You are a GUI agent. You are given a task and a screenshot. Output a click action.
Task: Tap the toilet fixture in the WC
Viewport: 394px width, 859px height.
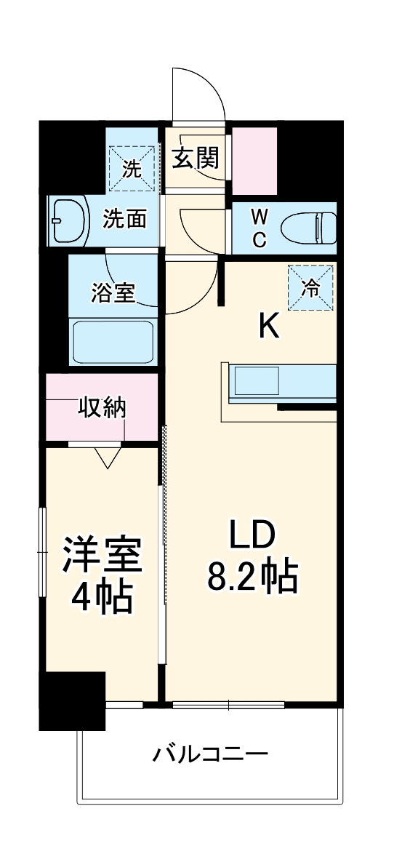(309, 226)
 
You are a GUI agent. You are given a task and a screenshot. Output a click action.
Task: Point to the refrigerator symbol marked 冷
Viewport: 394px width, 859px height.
(310, 287)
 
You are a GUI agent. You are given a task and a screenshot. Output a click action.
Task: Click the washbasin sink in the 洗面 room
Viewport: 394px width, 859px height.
(67, 220)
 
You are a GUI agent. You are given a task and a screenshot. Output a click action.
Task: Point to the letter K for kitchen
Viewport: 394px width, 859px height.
(269, 327)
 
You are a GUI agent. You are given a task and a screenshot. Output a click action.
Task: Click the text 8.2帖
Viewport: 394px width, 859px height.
(252, 577)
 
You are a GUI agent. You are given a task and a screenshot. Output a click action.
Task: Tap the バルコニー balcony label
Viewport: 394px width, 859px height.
(210, 754)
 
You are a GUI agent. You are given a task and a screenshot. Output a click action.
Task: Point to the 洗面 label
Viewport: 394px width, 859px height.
(124, 219)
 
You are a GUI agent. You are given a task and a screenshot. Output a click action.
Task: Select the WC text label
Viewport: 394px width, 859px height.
(259, 227)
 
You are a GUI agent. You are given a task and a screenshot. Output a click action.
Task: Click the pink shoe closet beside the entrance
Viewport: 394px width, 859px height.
(254, 161)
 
